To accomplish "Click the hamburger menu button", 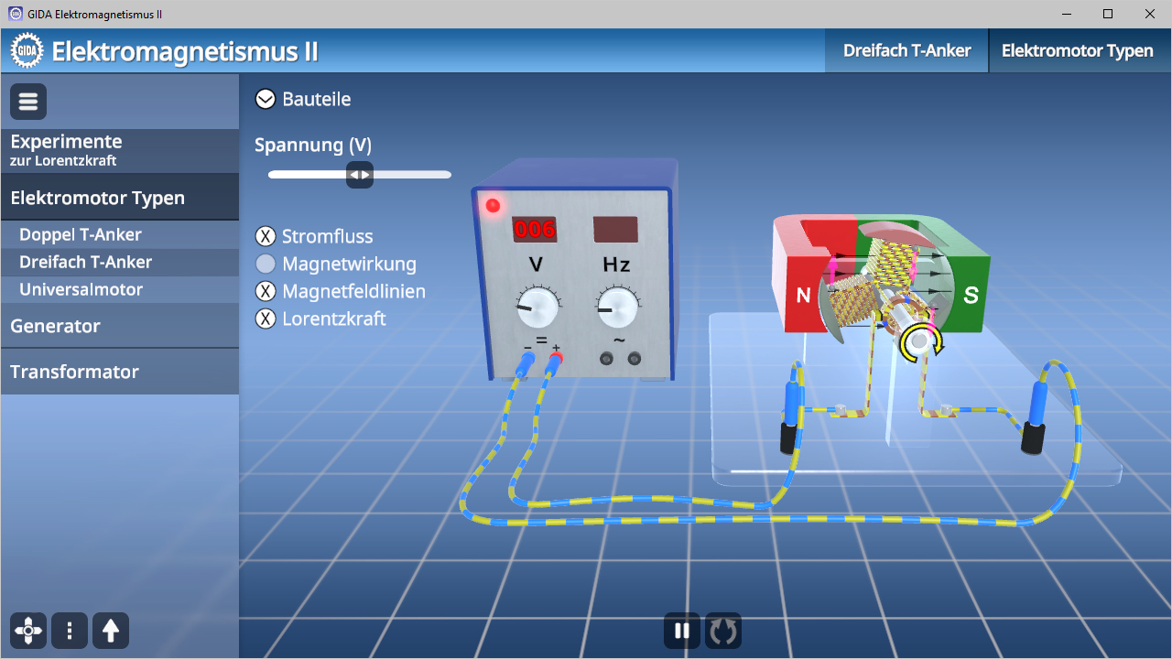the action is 28,102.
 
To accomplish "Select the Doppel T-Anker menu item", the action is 80,234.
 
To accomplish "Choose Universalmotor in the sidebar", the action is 81,289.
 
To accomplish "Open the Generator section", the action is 55,326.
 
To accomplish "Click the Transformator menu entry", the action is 74,372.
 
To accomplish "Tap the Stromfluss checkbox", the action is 266,236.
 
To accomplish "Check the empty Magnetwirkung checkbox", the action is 266,264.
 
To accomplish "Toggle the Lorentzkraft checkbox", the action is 266,319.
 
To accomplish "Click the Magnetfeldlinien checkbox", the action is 266,291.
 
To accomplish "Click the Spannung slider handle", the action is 360,175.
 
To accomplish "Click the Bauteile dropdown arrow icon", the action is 266,99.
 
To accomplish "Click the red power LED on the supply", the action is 493,206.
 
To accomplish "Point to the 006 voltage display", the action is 534,229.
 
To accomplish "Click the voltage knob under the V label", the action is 537,307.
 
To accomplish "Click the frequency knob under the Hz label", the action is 617,307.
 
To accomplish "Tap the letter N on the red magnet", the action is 803,296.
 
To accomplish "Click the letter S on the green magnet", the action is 971,295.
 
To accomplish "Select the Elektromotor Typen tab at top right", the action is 1078,50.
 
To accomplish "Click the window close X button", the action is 1149,14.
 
